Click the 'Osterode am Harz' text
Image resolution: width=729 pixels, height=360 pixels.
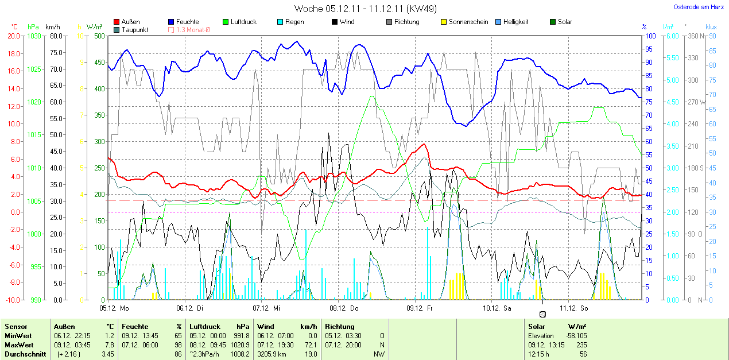click(698, 7)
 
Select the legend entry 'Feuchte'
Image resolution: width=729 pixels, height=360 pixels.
click(187, 22)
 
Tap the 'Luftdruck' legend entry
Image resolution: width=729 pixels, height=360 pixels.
click(243, 22)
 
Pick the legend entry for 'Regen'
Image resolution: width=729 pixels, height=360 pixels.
click(294, 22)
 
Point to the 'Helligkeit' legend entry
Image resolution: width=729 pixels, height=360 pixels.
click(515, 22)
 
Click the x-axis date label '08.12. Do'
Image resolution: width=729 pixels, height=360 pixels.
click(343, 308)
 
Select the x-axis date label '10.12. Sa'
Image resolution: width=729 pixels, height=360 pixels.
click(497, 308)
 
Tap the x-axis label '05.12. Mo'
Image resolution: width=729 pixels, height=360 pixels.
click(114, 308)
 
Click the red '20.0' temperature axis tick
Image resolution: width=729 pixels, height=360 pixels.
click(14, 36)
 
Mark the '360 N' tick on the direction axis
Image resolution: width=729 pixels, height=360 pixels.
click(693, 36)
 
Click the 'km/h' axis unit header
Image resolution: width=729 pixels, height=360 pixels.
click(53, 26)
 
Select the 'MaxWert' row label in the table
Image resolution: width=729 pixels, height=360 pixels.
click(19, 344)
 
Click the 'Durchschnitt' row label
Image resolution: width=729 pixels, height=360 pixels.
click(25, 354)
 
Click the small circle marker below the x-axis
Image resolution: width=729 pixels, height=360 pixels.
click(542, 314)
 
